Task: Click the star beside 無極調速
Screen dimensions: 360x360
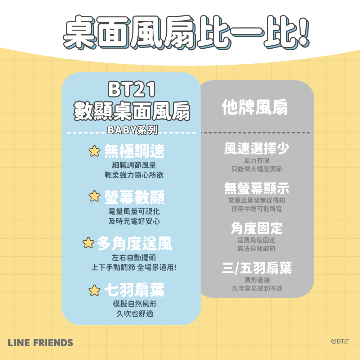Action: pyautogui.click(x=94, y=151)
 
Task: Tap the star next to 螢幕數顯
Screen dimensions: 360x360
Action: pyautogui.click(x=94, y=196)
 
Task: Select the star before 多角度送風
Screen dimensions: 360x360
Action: pyautogui.click(x=89, y=243)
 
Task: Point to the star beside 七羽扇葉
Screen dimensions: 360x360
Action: pyautogui.click(x=94, y=290)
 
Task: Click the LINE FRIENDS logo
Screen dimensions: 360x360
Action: pyautogui.click(x=40, y=343)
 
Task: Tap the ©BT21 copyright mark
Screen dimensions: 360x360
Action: pyautogui.click(x=340, y=341)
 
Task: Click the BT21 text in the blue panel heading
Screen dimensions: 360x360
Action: pyautogui.click(x=132, y=89)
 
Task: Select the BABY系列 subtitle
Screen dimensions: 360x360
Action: pyautogui.click(x=132, y=130)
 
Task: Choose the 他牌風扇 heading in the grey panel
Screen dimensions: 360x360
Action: pyautogui.click(x=255, y=107)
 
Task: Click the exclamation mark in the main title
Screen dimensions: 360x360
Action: pyautogui.click(x=303, y=32)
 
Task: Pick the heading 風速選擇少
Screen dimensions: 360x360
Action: pyautogui.click(x=257, y=148)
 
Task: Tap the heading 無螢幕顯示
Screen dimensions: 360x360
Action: pyautogui.click(x=257, y=188)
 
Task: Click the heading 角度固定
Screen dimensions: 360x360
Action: pyautogui.click(x=257, y=228)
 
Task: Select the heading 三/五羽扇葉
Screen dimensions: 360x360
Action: pyautogui.click(x=257, y=268)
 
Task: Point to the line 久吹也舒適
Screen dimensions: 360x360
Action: pyautogui.click(x=135, y=314)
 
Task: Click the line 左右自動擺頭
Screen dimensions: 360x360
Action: pyautogui.click(x=134, y=258)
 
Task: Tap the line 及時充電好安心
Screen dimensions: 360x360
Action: pyautogui.click(x=134, y=221)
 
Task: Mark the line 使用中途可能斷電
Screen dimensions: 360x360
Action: pyautogui.click(x=257, y=209)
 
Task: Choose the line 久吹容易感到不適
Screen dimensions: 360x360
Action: pyautogui.click(x=257, y=288)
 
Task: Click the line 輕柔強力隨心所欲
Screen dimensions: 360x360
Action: pyautogui.click(x=134, y=175)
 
